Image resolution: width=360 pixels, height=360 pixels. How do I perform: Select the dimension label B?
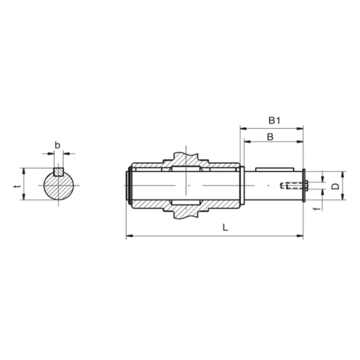[270, 136]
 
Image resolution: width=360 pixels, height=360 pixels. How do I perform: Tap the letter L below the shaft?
[224, 227]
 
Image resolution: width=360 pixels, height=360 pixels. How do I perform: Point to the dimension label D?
[336, 186]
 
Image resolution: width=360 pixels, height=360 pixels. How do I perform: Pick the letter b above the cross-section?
[58, 145]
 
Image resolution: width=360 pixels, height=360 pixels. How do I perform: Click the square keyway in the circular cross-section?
[58, 172]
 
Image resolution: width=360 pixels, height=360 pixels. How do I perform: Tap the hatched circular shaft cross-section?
[58, 187]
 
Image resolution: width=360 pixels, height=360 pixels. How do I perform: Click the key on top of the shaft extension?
[274, 169]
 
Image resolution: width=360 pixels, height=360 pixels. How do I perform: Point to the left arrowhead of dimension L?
[128, 236]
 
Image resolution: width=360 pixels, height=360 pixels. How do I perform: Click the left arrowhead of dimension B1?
[242, 127]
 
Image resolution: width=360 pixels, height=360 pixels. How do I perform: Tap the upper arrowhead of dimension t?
[24, 170]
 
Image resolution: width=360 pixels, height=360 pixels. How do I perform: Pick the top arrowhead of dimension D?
[343, 173]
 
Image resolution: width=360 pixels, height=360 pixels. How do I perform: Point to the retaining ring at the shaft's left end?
[128, 186]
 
